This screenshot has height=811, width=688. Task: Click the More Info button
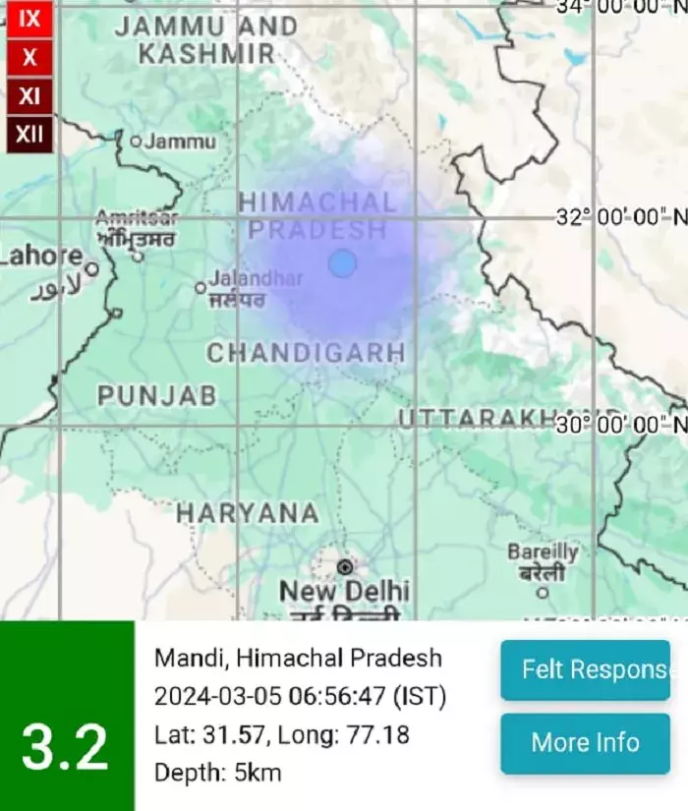pos(585,742)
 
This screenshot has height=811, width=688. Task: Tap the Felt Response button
pos(585,670)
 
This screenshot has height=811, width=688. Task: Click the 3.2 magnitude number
pos(65,749)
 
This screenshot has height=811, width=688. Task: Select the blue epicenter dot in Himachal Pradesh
pos(342,263)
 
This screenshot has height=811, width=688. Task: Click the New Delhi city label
pos(344,592)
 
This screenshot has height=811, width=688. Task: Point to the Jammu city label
pos(180,142)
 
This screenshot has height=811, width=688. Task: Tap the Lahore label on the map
pos(41,256)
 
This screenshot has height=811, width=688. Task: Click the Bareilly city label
pos(543,552)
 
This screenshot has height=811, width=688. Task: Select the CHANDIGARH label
pos(306,352)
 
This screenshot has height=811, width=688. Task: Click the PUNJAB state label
pos(157,395)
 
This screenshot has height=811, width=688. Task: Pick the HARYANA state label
pos(247,512)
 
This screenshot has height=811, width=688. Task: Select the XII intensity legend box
pos(29,134)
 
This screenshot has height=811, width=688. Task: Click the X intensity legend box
pos(29,57)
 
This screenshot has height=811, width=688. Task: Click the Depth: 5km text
pos(217,773)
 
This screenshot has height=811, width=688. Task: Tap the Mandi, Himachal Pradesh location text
pos(298,658)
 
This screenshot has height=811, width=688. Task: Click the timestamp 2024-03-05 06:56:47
pos(271,697)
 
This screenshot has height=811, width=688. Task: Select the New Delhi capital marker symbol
pos(345,567)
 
